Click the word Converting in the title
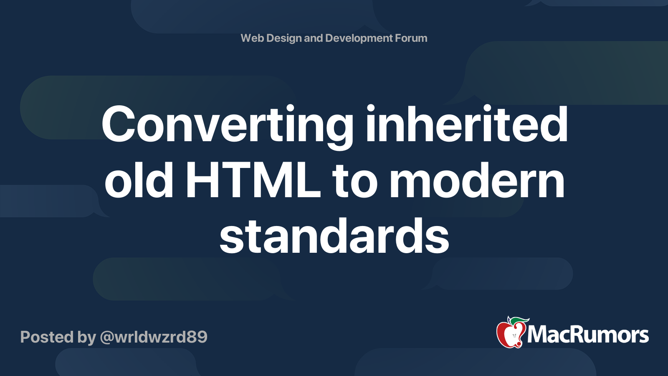click(228, 125)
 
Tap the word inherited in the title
click(466, 124)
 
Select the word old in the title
click(139, 181)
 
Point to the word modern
click(477, 181)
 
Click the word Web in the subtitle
click(252, 38)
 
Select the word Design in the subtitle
click(284, 38)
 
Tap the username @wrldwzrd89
click(154, 337)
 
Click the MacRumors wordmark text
click(588, 335)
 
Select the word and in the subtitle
click(313, 38)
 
